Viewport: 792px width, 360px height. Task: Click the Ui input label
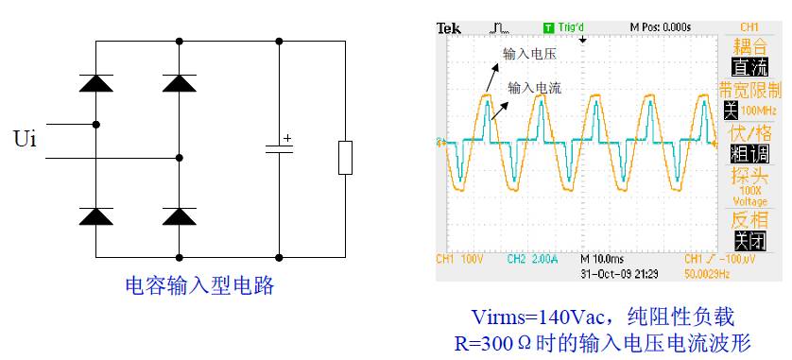[x=26, y=140]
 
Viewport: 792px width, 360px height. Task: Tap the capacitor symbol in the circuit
[x=279, y=147]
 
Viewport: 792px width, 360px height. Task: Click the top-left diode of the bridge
[x=95, y=82]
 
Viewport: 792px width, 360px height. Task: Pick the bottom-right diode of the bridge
[x=179, y=216]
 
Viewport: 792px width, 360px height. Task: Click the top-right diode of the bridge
[x=179, y=82]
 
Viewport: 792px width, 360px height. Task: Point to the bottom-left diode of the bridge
[x=95, y=216]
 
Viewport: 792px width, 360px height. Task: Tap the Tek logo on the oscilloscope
[x=449, y=27]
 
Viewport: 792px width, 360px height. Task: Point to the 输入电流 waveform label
[x=535, y=87]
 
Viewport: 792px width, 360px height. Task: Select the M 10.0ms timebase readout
[x=604, y=258]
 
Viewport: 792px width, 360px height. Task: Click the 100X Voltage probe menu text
[x=750, y=196]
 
